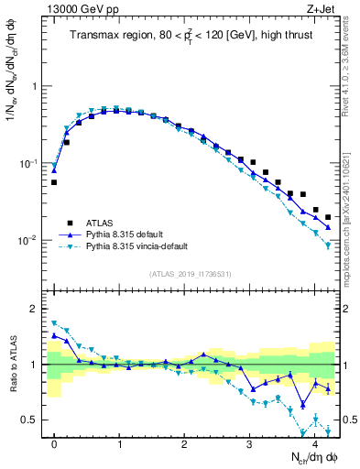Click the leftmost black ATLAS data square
pyautogui.click(x=54, y=182)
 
